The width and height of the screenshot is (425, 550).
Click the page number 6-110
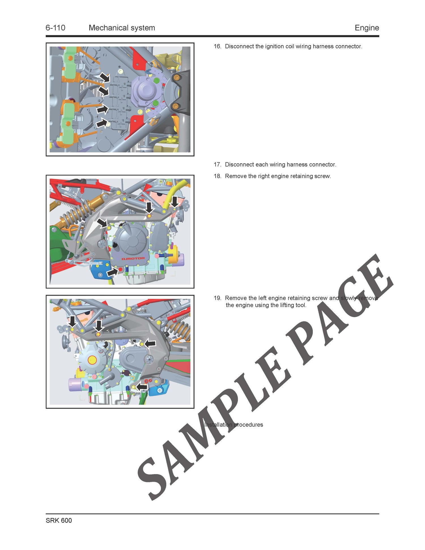click(56, 28)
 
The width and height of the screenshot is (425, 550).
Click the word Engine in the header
click(367, 28)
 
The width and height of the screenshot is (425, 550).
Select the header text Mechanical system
click(122, 28)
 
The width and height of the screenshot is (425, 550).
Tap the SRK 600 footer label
click(59, 521)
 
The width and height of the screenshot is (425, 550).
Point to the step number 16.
click(217, 46)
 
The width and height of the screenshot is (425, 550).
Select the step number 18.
click(217, 176)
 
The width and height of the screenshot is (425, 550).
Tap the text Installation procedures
click(234, 425)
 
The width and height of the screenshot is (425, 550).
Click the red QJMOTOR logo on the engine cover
click(133, 259)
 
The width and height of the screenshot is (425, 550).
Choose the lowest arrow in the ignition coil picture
click(102, 123)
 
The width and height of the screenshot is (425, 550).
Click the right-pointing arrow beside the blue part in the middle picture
click(112, 273)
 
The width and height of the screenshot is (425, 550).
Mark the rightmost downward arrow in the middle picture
click(175, 202)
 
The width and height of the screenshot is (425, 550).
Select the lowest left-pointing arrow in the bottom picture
click(142, 386)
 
